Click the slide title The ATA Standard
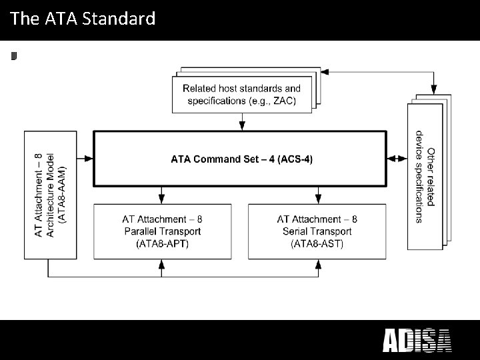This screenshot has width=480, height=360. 83,19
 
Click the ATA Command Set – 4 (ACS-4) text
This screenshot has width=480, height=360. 241,159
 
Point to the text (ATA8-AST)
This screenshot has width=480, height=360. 317,244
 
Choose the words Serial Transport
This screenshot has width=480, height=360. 317,231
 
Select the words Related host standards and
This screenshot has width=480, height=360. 241,88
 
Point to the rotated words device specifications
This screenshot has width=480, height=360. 419,177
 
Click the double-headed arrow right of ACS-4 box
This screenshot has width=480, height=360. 397,159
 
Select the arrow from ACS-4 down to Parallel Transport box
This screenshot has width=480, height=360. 161,195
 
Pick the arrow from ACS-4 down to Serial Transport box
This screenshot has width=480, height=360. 318,195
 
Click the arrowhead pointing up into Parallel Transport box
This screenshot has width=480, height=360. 161,264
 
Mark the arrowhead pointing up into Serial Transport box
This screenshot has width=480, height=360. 318,264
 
